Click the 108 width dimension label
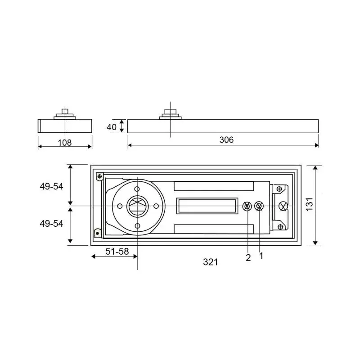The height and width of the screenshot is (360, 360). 65,143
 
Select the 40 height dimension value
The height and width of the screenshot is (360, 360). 112,127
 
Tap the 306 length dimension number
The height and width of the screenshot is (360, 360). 226,140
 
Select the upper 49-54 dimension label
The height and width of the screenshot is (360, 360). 52,187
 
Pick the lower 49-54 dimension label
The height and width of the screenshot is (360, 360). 52,223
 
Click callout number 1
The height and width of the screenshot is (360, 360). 261,256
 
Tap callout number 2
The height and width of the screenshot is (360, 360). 248,257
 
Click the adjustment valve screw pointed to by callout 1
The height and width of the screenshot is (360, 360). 259,207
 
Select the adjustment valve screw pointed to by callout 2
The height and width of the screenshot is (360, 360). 247,207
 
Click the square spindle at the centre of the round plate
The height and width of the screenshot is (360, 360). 137,206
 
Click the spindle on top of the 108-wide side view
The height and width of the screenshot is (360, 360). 65,112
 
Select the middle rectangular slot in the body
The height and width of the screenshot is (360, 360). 207,206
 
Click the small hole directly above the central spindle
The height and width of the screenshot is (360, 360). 137,189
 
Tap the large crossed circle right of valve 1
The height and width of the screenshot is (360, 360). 283,207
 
